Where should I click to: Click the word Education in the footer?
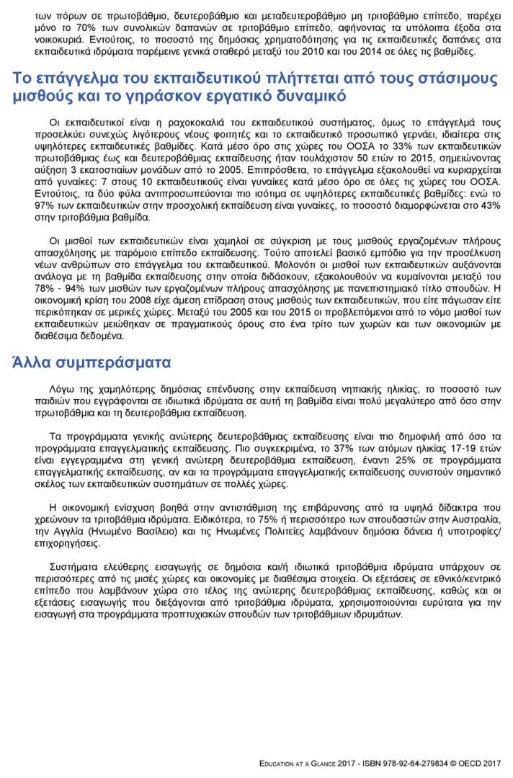click(x=283, y=763)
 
